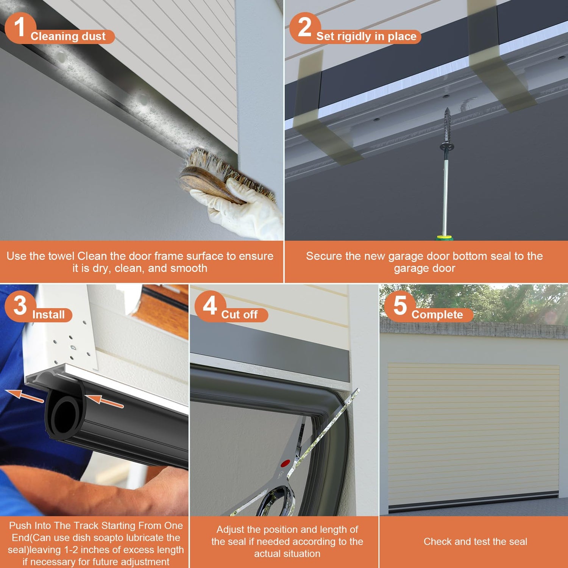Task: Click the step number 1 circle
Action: [20, 28]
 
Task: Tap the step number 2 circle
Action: [305, 28]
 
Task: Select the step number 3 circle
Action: [20, 306]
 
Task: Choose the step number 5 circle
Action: [400, 306]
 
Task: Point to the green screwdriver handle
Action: [445, 237]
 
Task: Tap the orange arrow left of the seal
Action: [25, 396]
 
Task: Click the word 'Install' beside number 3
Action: [48, 315]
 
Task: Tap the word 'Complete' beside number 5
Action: [437, 315]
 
